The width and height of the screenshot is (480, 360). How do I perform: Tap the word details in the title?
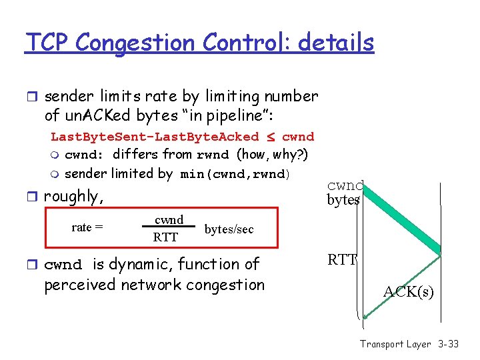[x=336, y=43]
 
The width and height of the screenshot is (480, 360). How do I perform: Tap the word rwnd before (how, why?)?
[x=213, y=155]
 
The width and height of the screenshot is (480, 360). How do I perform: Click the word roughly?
[x=73, y=197]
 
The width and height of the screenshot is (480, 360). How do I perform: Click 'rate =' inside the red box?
[x=87, y=227]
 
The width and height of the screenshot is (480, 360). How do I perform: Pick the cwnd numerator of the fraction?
[x=169, y=220]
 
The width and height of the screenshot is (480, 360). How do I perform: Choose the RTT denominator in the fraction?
[x=165, y=237]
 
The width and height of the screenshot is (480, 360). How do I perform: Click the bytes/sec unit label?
[x=229, y=229]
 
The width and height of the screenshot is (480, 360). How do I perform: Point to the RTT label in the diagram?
[x=343, y=260]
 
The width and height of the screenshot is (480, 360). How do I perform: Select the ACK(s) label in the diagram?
[x=408, y=291]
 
